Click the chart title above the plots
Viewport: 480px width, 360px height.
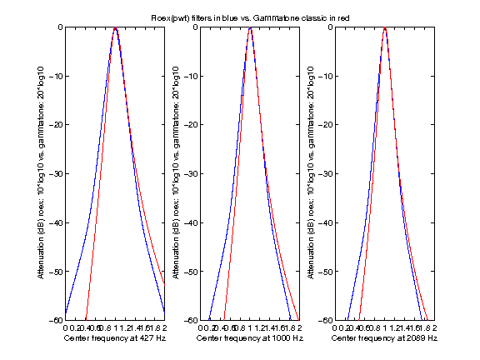240,17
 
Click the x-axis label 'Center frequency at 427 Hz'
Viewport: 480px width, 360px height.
114,339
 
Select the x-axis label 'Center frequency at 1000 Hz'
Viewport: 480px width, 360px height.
249,339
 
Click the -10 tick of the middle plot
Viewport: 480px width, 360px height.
190,76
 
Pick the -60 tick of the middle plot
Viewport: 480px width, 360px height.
190,321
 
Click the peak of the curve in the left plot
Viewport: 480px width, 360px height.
115,28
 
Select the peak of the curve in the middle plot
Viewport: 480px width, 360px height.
250,28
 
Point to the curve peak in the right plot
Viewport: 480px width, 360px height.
384,28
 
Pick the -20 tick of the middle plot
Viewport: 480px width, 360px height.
190,125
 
